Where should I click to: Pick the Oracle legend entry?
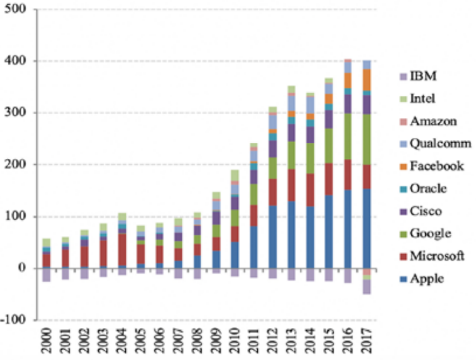point(428,188)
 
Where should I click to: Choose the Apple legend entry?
point(425,279)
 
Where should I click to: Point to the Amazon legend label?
point(432,121)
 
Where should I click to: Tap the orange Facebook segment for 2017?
point(366,79)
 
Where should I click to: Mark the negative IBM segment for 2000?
point(47,275)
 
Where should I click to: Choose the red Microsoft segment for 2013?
point(291,185)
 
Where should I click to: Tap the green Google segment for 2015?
point(329,146)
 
